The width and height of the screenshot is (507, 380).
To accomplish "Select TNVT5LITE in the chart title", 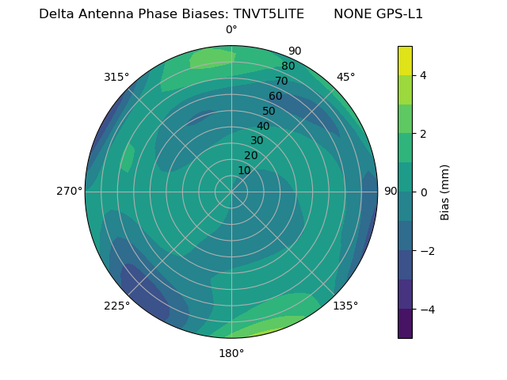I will (269, 14).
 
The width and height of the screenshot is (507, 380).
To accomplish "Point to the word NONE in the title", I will (350, 14).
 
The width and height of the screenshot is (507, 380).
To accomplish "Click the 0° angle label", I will (231, 30).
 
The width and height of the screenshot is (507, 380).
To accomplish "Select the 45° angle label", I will (346, 77).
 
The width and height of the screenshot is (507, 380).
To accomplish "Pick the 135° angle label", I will (345, 306).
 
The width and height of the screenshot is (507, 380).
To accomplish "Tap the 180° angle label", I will (231, 353).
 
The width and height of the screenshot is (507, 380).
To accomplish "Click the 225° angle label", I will (116, 306).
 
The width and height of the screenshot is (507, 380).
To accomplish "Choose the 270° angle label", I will (70, 191).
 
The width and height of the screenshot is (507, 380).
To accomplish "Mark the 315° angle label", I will (116, 77).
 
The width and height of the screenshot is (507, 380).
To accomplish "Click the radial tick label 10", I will (244, 170).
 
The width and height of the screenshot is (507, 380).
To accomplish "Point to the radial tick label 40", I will (263, 126).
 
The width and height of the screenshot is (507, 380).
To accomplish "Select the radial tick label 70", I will (281, 81).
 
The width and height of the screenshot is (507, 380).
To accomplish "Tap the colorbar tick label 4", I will (424, 75).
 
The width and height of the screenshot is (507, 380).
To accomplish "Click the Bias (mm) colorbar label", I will (445, 192).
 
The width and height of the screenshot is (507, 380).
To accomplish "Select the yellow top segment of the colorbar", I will (405, 60).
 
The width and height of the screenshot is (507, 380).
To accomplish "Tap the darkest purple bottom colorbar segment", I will (405, 323).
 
